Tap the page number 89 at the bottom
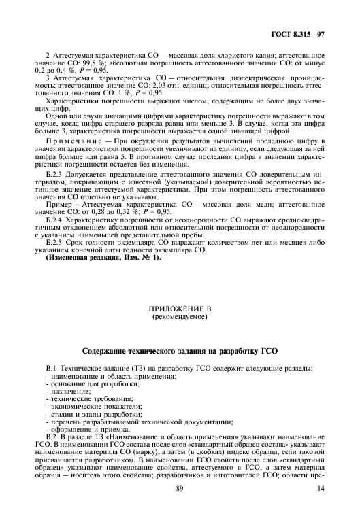coord(180,490)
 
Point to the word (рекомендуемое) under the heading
coord(180,317)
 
